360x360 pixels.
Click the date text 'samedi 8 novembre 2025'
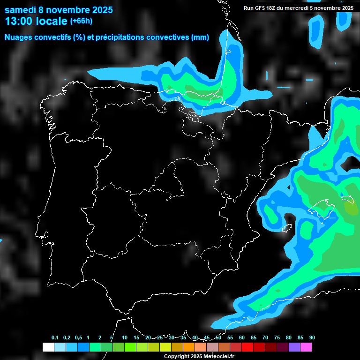coord(59,10)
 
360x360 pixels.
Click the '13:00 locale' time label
coord(36,21)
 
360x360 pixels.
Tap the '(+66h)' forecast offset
coord(81,21)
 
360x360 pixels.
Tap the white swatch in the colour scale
coord(48,347)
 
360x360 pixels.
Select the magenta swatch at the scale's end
coord(306,347)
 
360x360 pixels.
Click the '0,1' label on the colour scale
coord(55,338)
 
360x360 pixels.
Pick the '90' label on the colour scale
coord(312,338)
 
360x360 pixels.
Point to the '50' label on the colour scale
coord(218,338)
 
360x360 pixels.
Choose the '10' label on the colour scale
coord(125,338)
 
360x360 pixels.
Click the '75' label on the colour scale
coord(277,338)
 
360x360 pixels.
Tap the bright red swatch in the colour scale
coord(247,347)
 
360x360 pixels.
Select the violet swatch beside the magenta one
coord(294,347)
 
